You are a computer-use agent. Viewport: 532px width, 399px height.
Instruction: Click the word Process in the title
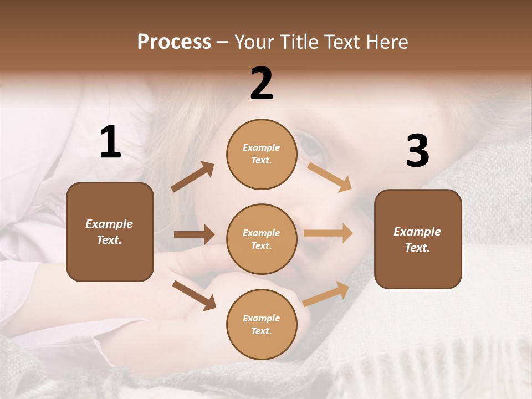point(174,42)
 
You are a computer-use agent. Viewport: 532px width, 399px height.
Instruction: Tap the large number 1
point(110,142)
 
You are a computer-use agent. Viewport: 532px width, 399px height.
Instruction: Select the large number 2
point(262,84)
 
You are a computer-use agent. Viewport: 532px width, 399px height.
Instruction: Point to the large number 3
point(417,151)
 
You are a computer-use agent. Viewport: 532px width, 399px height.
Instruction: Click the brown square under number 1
point(110,232)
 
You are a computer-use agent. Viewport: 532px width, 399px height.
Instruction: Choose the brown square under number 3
point(418,239)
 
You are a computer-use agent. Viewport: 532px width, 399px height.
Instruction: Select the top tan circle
point(262,154)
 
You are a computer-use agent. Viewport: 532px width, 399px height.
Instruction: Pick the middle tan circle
point(262,239)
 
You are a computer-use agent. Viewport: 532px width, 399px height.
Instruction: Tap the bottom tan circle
point(262,324)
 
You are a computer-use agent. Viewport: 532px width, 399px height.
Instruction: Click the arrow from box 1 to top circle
point(193,177)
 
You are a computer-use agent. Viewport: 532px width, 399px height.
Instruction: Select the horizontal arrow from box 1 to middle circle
point(194,234)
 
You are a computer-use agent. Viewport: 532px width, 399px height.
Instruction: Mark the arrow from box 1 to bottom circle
point(194,295)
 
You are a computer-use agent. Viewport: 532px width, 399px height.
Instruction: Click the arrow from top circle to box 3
point(329,177)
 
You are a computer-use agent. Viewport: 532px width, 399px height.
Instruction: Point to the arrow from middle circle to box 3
point(328,233)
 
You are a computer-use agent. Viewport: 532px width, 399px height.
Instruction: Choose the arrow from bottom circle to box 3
point(326,294)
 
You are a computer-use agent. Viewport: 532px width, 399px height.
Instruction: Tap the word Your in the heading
point(253,42)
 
